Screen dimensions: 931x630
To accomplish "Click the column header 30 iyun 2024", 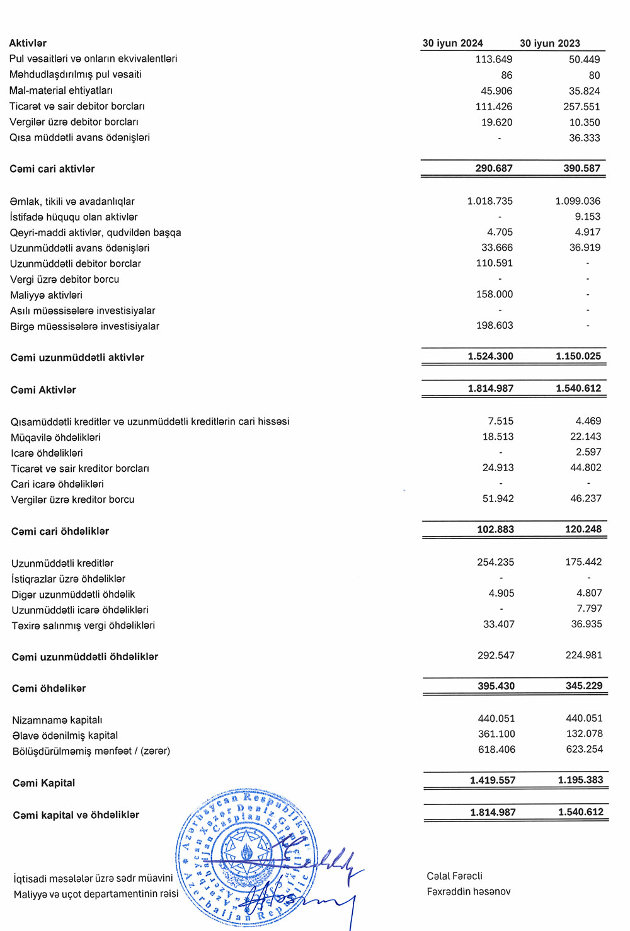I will [452, 43].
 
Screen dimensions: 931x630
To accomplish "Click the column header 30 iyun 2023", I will [550, 43].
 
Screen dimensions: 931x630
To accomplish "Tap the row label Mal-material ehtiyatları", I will [61, 90].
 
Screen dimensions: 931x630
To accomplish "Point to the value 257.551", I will [581, 106].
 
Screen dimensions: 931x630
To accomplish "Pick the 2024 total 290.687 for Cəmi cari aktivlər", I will [494, 168].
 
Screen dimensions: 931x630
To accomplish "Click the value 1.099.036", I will [578, 201].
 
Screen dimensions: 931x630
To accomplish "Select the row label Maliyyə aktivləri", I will [46, 295].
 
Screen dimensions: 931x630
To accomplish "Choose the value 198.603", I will [495, 325].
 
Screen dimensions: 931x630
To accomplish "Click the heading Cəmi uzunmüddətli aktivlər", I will [77, 357].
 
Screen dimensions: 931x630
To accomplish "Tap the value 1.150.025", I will [578, 356].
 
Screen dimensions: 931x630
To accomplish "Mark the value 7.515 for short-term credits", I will [500, 421].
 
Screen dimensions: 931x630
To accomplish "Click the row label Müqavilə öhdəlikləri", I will [55, 437].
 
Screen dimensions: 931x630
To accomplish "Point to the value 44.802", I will [586, 467].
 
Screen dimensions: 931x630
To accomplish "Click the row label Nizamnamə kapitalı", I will [57, 720].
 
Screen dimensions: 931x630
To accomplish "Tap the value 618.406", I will [496, 749].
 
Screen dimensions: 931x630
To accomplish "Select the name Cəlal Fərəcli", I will [454, 876].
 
